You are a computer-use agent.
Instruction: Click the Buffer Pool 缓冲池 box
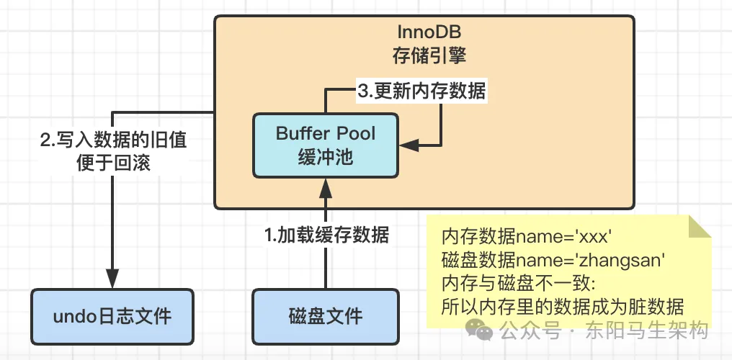pyautogui.click(x=326, y=145)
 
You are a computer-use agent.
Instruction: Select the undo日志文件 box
pyautogui.click(x=112, y=315)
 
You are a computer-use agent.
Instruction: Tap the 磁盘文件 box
pyautogui.click(x=326, y=315)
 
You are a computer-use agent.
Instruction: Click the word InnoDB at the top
pyautogui.click(x=424, y=33)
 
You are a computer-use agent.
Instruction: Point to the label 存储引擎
pyautogui.click(x=424, y=55)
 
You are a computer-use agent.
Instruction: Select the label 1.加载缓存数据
pyautogui.click(x=326, y=235)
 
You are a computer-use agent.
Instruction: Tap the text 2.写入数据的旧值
pyautogui.click(x=112, y=140)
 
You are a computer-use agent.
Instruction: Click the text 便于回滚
pyautogui.click(x=112, y=163)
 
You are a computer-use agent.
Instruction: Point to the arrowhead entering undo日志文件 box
pyautogui.click(x=112, y=279)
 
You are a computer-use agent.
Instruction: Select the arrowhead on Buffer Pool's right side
pyautogui.click(x=409, y=145)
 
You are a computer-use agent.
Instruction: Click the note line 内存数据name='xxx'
pyautogui.click(x=526, y=237)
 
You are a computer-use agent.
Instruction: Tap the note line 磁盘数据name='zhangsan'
pyautogui.click(x=552, y=260)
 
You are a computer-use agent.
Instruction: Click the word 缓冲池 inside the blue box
pyautogui.click(x=326, y=156)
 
